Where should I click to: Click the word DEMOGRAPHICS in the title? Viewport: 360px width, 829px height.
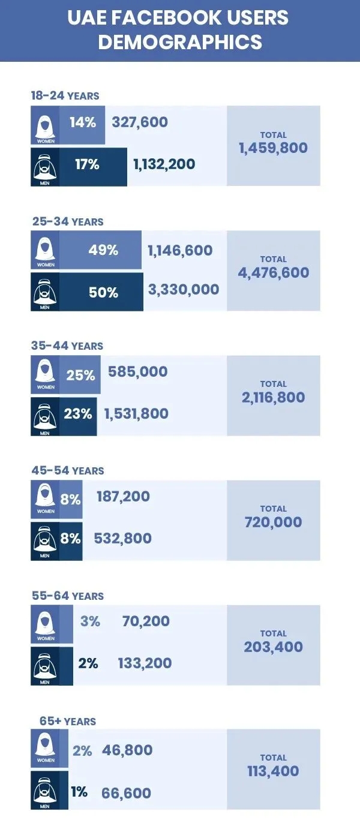pyautogui.click(x=180, y=42)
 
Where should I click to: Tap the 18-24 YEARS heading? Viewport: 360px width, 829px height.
pyautogui.click(x=65, y=95)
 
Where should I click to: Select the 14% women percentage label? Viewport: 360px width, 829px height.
pyautogui.click(x=83, y=122)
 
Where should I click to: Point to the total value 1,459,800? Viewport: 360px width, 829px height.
pyautogui.click(x=273, y=148)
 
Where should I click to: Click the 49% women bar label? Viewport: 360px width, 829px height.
pyautogui.click(x=103, y=250)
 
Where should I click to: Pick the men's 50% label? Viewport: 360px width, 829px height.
pyautogui.click(x=104, y=292)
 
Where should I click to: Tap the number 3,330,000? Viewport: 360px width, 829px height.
pyautogui.click(x=184, y=289)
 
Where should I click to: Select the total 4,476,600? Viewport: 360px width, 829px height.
pyautogui.click(x=273, y=272)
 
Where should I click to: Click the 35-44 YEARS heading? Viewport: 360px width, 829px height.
pyautogui.click(x=67, y=346)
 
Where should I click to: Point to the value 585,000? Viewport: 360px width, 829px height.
pyautogui.click(x=138, y=372)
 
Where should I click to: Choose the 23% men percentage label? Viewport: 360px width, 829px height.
pyautogui.click(x=78, y=413)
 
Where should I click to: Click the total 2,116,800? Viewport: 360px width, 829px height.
pyautogui.click(x=273, y=397)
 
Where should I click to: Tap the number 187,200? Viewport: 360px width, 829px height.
pyautogui.click(x=124, y=497)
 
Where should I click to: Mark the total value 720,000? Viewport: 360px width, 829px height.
pyautogui.click(x=273, y=522)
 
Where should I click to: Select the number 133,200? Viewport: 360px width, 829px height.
pyautogui.click(x=145, y=663)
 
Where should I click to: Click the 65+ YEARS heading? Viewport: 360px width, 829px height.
pyautogui.click(x=68, y=721)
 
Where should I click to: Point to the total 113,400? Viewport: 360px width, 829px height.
pyautogui.click(x=273, y=771)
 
